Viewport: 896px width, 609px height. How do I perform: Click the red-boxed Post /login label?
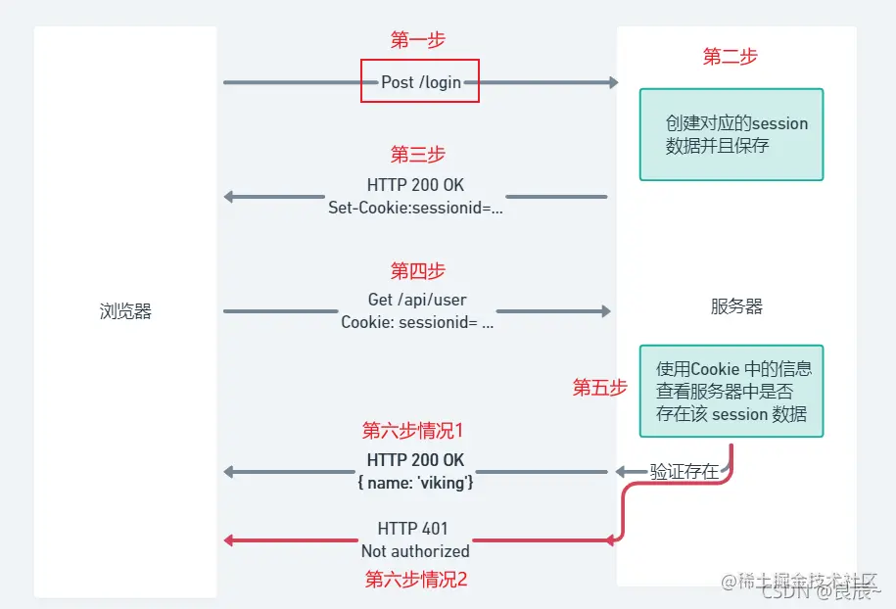pos(420,82)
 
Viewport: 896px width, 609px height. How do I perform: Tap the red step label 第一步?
pos(418,40)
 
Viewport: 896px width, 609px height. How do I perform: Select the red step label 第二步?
pos(730,57)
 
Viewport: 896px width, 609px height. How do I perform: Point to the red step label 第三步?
pos(418,155)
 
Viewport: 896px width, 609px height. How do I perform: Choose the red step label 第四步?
pos(418,270)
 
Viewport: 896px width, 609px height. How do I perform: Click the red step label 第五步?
pos(599,388)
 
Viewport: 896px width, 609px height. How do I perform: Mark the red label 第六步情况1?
pos(412,431)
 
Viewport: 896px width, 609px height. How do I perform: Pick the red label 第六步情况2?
pos(416,579)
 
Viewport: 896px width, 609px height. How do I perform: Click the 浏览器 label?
pos(125,312)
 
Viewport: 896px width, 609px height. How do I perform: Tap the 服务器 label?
pos(736,306)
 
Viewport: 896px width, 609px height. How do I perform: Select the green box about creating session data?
pos(731,135)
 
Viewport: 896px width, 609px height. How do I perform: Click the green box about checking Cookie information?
pos(731,391)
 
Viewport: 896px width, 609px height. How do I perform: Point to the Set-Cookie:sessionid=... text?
pos(415,208)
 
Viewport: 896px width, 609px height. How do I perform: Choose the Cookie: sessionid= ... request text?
pos(417,322)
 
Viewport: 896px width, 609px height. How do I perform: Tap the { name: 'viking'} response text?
pos(415,482)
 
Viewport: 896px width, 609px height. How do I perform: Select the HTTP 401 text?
pos(412,529)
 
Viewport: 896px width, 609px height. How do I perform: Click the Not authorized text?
pos(415,551)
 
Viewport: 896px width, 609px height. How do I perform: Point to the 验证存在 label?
pos(684,472)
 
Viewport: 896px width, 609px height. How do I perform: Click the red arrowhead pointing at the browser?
pos(230,540)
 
